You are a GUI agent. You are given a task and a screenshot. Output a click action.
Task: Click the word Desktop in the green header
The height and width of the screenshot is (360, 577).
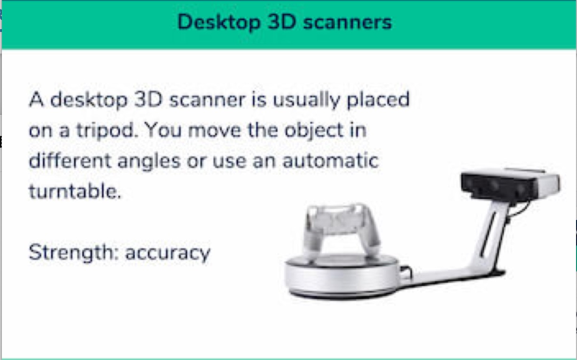click(x=219, y=23)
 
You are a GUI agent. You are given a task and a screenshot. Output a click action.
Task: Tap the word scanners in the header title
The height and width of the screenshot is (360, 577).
click(x=348, y=22)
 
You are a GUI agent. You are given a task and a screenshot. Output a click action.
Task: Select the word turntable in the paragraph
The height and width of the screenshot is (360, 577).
click(x=75, y=191)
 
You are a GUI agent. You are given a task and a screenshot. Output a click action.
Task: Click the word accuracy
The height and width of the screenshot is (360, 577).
click(x=168, y=253)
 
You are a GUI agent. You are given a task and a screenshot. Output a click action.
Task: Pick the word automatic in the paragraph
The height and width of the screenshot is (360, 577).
click(x=330, y=161)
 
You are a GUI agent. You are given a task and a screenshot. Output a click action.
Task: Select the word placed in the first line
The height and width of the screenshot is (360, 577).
click(x=378, y=100)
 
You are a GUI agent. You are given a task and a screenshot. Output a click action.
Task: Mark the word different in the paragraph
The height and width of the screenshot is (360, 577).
click(x=70, y=160)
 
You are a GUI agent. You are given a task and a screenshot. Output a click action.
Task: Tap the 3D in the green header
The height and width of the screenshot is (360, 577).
click(x=281, y=22)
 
